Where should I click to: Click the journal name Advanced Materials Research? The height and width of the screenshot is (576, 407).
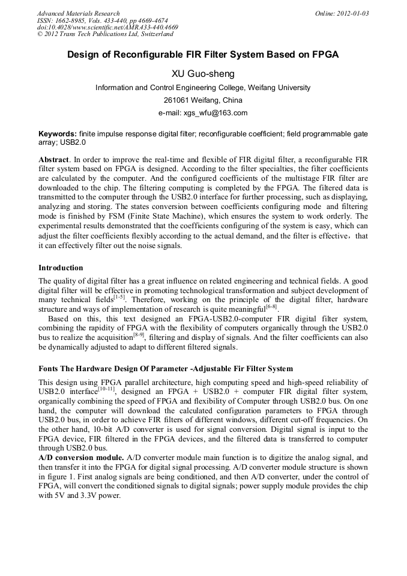pyautogui.click(x=78, y=13)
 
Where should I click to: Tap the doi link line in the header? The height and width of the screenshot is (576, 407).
pyautogui.click(x=107, y=27)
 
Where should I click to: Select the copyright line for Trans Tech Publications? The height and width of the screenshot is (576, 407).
pyautogui.click(x=105, y=34)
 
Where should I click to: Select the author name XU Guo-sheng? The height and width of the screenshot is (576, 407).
pyautogui.click(x=203, y=74)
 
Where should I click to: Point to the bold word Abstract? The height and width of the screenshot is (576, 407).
pyautogui.click(x=53, y=160)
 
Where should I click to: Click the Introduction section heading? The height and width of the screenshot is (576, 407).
pyautogui.click(x=61, y=267)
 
